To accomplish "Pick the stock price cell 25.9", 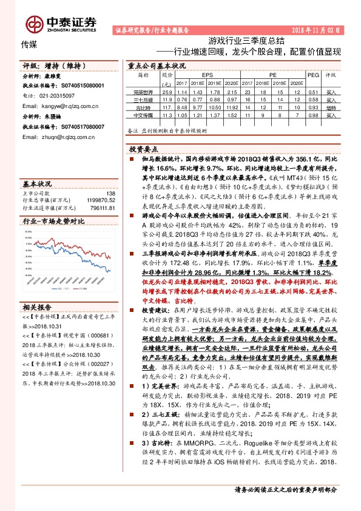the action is (167, 91).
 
